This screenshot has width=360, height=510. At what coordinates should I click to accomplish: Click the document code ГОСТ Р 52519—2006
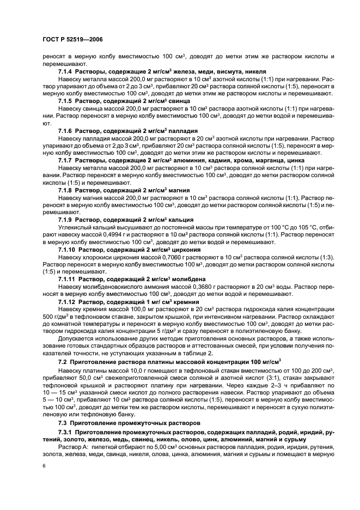pos(72,40)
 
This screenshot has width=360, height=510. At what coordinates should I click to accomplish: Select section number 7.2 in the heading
pos(62,362)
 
